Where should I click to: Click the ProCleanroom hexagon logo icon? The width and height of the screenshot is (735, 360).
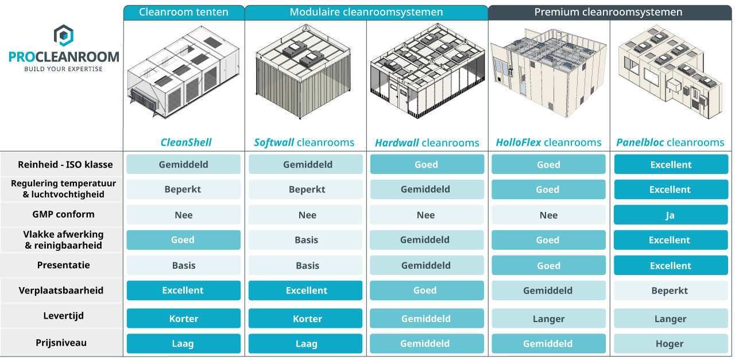[x=64, y=35]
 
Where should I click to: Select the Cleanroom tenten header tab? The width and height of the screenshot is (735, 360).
[x=184, y=13]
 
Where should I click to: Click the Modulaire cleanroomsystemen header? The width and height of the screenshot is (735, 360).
[x=366, y=13]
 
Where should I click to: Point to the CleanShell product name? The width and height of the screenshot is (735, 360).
[x=186, y=142]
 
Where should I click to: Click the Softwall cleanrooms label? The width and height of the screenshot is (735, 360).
[x=304, y=142]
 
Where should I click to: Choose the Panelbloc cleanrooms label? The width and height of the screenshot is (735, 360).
[x=670, y=142]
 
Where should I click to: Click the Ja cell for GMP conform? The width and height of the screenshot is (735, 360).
[x=671, y=215]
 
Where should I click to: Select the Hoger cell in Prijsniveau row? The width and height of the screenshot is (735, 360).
[x=671, y=343]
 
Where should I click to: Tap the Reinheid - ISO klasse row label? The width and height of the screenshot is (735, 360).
[x=65, y=164]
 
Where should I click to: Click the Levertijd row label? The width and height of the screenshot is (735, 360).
[x=64, y=316]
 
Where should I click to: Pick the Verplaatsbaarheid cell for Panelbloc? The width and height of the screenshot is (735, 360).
[x=671, y=291]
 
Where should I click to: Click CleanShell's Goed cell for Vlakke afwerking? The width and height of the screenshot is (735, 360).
[x=183, y=240]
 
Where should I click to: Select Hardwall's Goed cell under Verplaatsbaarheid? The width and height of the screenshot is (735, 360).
[x=427, y=291]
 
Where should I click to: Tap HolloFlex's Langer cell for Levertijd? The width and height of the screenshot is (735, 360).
[x=548, y=319]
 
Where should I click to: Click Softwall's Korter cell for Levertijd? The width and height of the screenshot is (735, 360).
[x=305, y=318]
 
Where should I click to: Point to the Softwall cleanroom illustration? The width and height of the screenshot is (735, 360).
[x=304, y=71]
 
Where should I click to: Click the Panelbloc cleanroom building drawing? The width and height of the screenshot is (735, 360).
[x=670, y=73]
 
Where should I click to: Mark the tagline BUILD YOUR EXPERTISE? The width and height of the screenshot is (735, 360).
[x=63, y=69]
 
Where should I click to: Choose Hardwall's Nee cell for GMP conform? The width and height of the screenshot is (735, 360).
[x=427, y=215]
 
